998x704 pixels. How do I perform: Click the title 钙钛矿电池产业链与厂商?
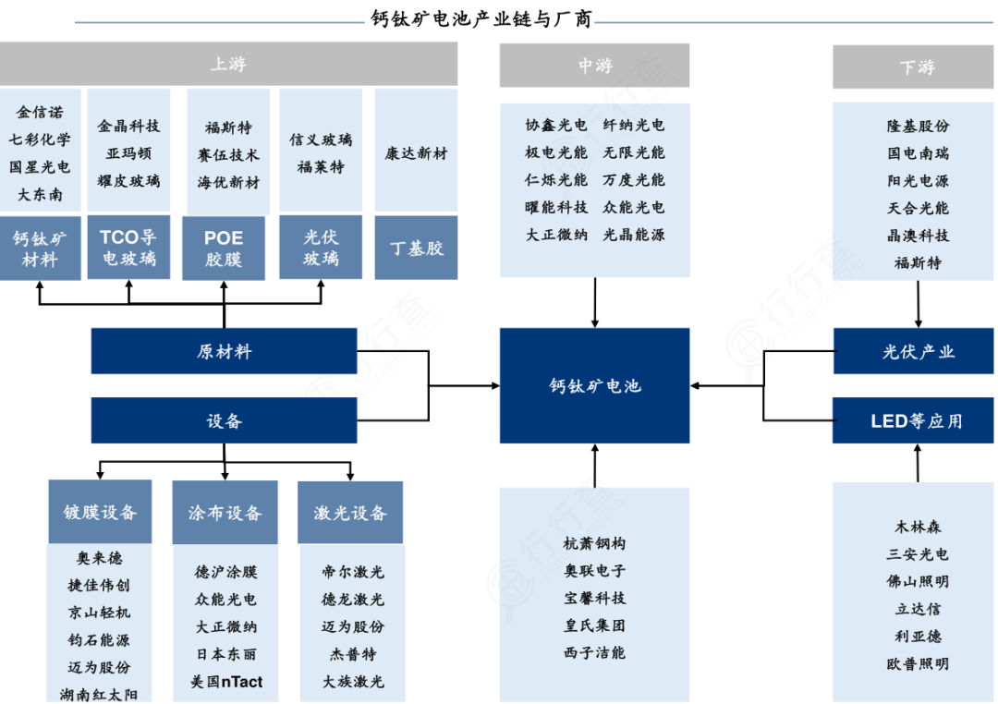481,19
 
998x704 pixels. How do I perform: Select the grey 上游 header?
228,65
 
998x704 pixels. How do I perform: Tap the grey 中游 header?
594,66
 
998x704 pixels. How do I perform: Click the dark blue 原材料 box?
224,351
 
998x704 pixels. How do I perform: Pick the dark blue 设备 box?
224,420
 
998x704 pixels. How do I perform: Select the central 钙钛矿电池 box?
594,385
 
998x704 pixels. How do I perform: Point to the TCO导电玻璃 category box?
128,248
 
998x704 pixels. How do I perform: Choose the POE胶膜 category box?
224,249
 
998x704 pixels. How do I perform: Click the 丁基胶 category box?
416,248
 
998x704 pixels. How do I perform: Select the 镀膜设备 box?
100,512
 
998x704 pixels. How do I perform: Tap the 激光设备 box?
350,512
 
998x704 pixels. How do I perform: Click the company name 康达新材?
416,153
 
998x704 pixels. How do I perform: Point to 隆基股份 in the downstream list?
917,126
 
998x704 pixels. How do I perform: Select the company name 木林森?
917,527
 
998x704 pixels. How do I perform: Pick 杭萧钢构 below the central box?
594,543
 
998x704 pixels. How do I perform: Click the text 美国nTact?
226,682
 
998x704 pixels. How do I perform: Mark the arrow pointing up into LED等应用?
918,462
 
